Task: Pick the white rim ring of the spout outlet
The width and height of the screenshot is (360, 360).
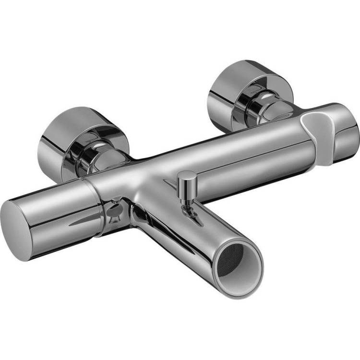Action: [250, 276]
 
